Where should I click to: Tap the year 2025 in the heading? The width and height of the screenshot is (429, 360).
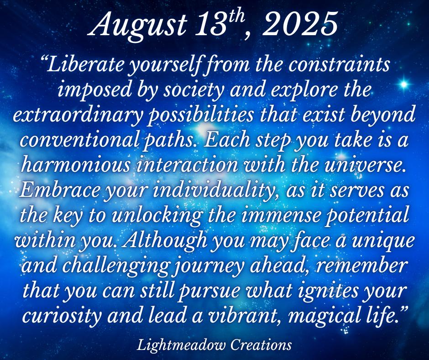coord(299,24)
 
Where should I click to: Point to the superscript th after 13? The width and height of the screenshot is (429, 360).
coord(235,17)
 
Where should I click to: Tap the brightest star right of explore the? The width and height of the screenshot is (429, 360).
coord(403,84)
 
